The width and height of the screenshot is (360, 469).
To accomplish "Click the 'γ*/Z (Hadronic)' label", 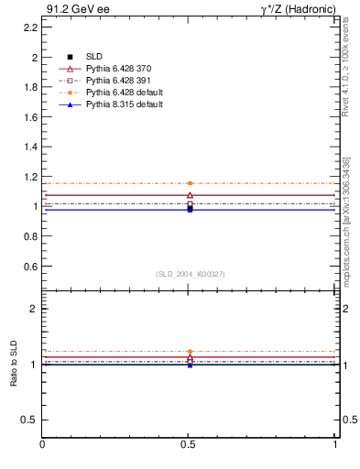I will click(x=297, y=9).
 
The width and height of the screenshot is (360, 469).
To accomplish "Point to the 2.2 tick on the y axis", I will click(x=30, y=27).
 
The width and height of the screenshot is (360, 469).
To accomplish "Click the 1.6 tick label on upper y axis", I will click(x=30, y=117).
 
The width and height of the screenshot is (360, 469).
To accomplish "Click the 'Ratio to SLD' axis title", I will click(x=14, y=364).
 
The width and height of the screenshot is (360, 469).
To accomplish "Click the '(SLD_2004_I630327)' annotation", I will click(x=190, y=274).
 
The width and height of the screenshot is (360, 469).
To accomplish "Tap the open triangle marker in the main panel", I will click(x=190, y=195).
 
